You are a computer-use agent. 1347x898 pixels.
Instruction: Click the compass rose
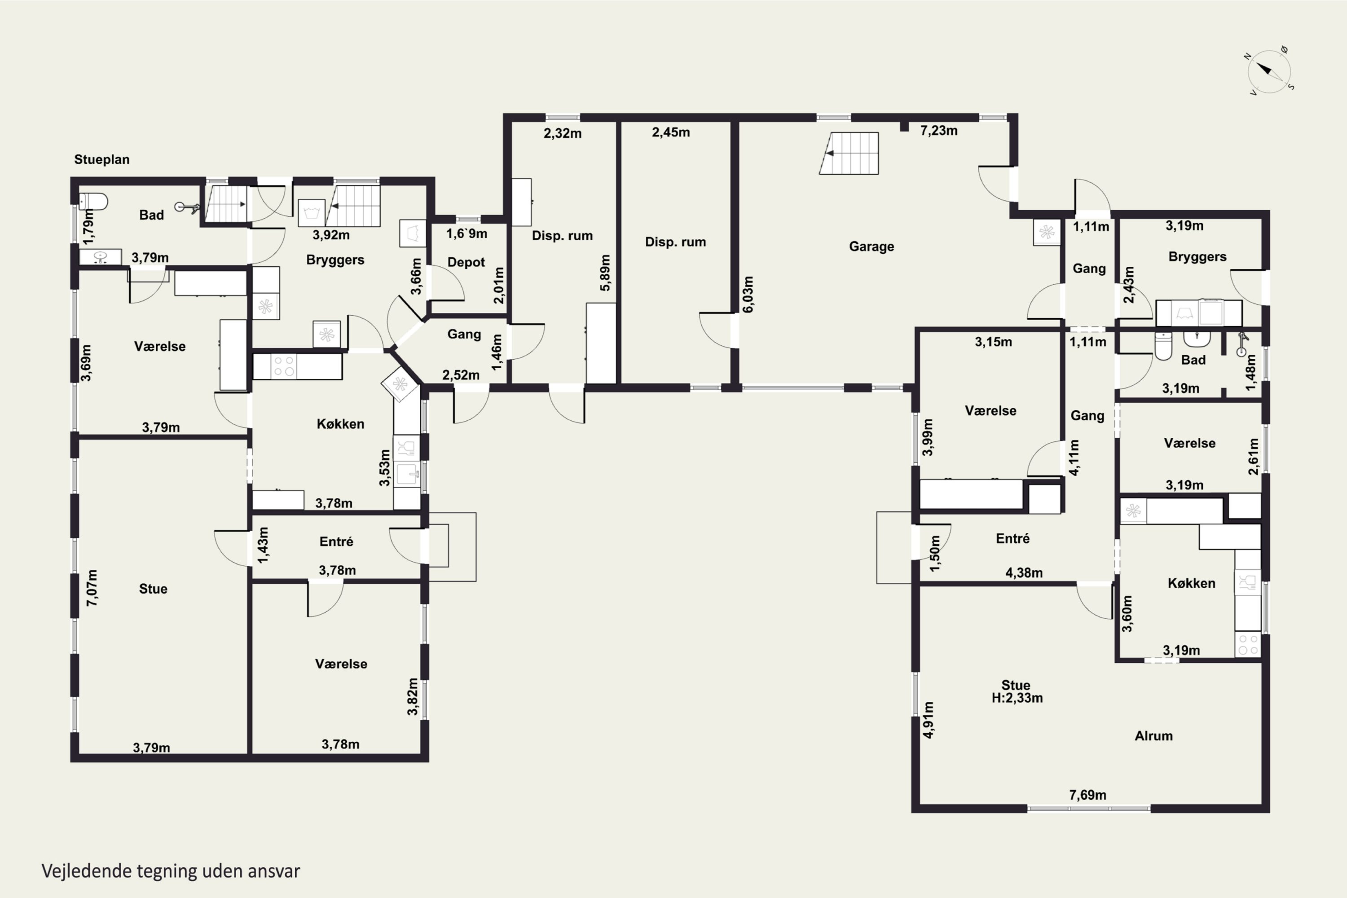pyautogui.click(x=1270, y=71)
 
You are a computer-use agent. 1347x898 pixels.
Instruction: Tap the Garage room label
pyautogui.click(x=871, y=246)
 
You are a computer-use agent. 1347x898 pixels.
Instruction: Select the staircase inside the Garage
pyautogui.click(x=849, y=153)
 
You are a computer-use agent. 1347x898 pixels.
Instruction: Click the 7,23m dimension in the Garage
pyautogui.click(x=939, y=131)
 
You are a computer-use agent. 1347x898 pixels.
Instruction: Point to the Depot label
pyautogui.click(x=466, y=262)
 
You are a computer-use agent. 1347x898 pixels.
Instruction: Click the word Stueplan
pyautogui.click(x=102, y=159)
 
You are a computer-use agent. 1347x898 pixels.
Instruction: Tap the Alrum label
pyautogui.click(x=1153, y=736)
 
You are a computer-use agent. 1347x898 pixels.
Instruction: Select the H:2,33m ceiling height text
pyautogui.click(x=1017, y=698)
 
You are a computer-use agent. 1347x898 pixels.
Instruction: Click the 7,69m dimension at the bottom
pyautogui.click(x=1087, y=795)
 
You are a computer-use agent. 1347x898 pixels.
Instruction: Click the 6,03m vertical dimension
pyautogui.click(x=748, y=295)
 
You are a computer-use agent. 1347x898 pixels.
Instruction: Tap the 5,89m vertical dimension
pyautogui.click(x=605, y=273)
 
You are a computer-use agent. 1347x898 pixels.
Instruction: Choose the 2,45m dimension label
pyautogui.click(x=671, y=132)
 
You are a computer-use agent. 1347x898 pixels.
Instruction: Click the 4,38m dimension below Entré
pyautogui.click(x=1024, y=573)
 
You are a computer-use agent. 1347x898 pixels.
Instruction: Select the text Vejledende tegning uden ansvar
pyautogui.click(x=171, y=871)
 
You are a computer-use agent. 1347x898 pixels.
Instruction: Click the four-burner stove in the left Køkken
pyautogui.click(x=283, y=366)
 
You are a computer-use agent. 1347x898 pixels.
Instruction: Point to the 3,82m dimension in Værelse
pyautogui.click(x=412, y=696)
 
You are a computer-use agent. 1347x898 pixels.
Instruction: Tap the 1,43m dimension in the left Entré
pyautogui.click(x=262, y=545)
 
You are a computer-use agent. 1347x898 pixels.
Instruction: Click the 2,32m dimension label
pyautogui.click(x=563, y=133)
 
